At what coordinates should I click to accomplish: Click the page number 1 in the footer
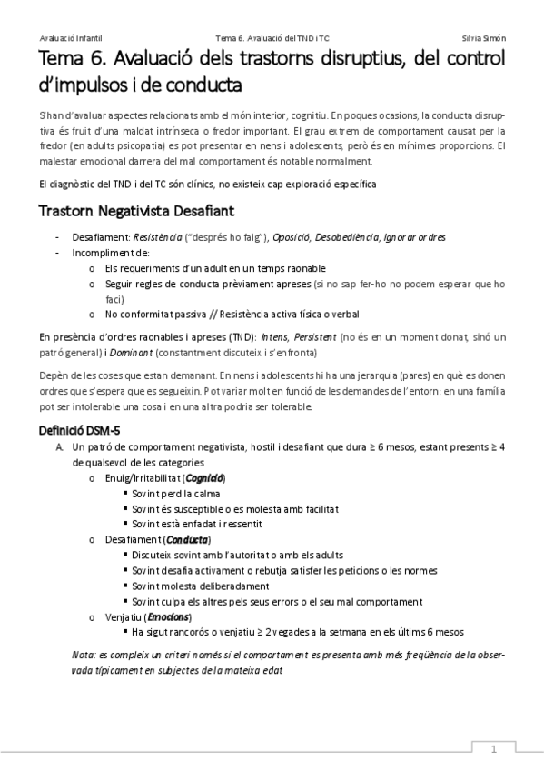[x=493, y=749]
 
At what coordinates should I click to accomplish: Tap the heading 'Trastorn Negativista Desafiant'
[x=136, y=211]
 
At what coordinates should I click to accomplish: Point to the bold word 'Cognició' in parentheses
[x=205, y=477]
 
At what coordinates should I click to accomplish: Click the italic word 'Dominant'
[x=134, y=352]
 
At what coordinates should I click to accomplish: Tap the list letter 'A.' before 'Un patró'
[x=59, y=447]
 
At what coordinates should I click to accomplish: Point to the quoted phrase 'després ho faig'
[x=218, y=236]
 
